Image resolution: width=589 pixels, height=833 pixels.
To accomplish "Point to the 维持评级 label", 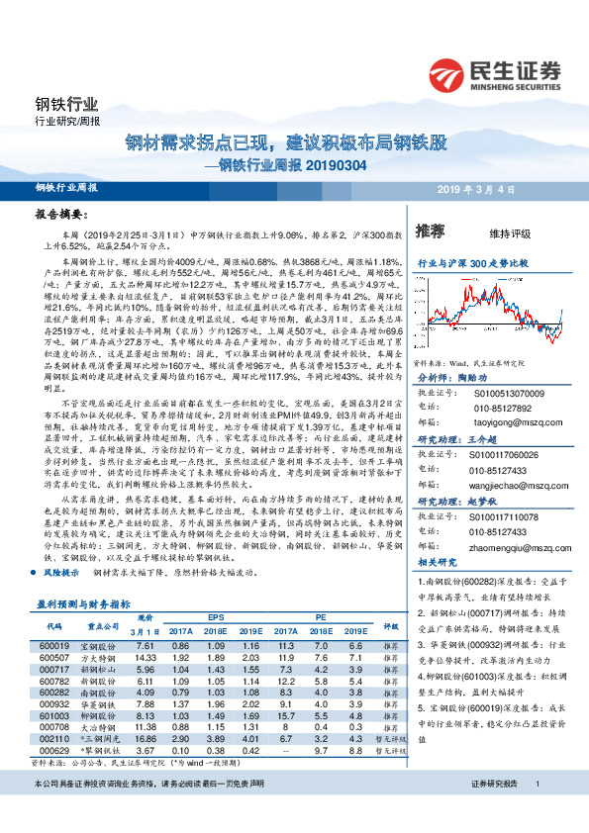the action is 508,233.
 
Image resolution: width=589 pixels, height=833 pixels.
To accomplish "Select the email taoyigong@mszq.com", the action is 500,420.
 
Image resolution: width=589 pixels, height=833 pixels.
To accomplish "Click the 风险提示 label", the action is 60,572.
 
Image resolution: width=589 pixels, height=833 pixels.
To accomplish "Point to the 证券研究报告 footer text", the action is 494,810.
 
